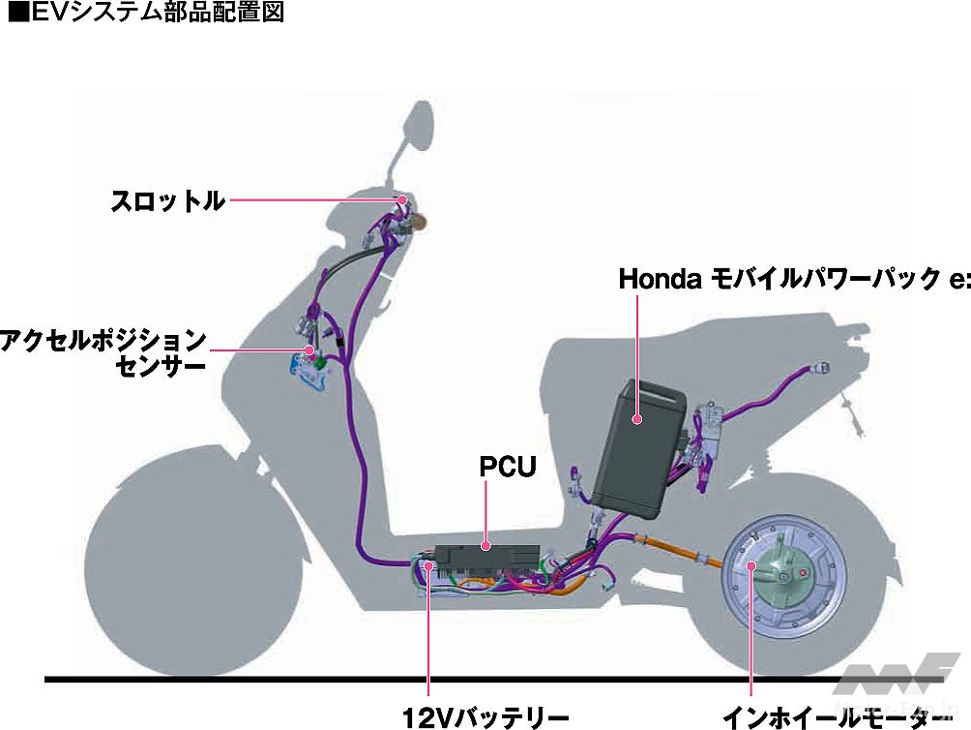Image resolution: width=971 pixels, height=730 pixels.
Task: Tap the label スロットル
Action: point(167,201)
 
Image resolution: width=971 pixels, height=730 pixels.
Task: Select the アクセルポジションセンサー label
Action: point(103,353)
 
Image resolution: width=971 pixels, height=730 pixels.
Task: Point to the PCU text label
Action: point(507,467)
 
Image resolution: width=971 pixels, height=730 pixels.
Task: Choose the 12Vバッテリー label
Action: point(485,716)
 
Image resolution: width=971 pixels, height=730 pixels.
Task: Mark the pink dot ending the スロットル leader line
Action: point(400,200)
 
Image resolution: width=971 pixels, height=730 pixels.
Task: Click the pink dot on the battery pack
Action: point(637,419)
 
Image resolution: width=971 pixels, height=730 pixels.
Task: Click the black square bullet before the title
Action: point(14,15)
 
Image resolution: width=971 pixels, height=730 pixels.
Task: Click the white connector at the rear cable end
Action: point(821,368)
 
